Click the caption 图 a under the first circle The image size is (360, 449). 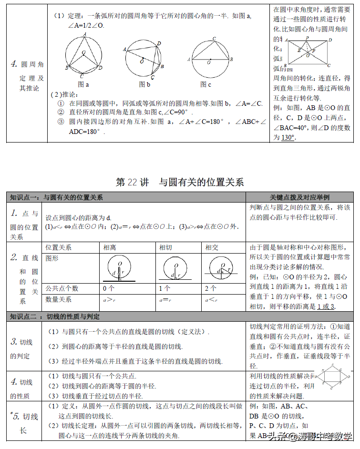pos(83,84)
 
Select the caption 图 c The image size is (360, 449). pos(206,84)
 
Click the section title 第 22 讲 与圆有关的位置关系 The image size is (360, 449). pos(180,182)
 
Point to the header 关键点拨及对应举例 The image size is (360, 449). pos(299,197)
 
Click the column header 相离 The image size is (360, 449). pos(110,247)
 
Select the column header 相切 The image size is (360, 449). pos(165,247)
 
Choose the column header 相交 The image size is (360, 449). pos(212,247)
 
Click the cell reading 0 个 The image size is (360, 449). pos(109,288)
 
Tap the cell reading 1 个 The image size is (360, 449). pos(165,288)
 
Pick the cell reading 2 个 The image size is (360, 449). pos(211,288)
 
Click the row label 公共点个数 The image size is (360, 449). pos(62,288)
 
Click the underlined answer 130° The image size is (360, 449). pos(288,138)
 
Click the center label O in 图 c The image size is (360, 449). pos(209,62)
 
